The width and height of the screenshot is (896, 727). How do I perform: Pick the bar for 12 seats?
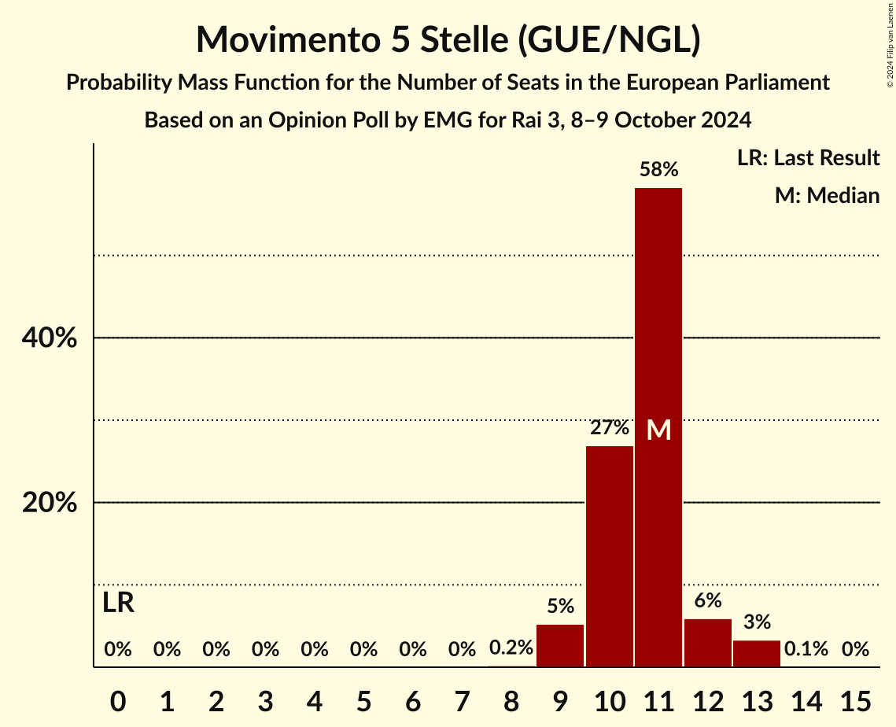coord(708,643)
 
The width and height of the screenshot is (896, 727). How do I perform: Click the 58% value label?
coord(658,169)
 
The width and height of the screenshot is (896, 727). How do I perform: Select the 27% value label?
coord(610,428)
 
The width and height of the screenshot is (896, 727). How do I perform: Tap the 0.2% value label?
coord(511,649)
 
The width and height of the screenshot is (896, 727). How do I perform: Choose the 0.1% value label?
coord(806,649)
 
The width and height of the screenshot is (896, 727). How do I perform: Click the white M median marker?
coord(658,430)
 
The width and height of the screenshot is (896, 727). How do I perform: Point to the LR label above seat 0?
coord(118,603)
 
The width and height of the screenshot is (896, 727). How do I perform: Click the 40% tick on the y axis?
coord(49,338)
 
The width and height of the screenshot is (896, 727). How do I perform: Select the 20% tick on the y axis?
coord(49,503)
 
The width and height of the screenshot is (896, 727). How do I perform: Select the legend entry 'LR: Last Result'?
coord(808,158)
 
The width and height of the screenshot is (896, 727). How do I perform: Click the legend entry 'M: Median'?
coord(827,195)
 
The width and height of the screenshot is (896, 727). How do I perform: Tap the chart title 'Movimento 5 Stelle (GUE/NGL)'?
coord(448,39)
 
